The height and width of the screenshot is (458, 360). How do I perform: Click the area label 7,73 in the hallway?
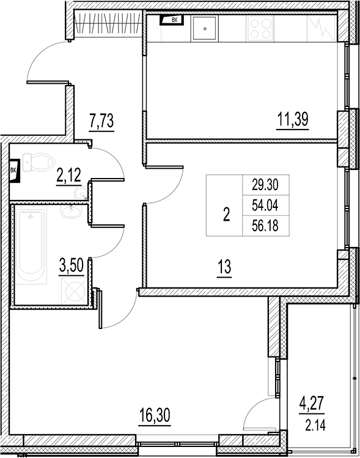[x=101, y=121]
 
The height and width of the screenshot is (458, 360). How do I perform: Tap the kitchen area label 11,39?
[x=293, y=119]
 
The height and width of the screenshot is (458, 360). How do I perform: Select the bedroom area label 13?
[x=224, y=267]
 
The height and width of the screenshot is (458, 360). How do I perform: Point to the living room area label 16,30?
[x=155, y=415]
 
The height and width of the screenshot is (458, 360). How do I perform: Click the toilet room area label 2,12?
[x=68, y=175]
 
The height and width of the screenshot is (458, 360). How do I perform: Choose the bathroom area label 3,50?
[x=72, y=266]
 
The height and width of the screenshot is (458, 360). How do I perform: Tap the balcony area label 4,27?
[x=312, y=404]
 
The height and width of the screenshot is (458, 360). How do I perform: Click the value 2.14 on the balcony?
[x=315, y=425]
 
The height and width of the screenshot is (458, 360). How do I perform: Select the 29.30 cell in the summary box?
[x=265, y=185]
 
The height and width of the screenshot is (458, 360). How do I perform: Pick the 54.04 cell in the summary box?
[x=265, y=205]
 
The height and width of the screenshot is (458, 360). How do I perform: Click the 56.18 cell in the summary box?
[x=265, y=226]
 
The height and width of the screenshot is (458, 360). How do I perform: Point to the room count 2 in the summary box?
[x=226, y=215]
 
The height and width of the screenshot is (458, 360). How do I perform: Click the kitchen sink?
[x=205, y=28]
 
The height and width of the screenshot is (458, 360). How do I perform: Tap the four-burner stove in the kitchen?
[x=260, y=28]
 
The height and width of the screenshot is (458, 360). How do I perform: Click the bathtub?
[x=30, y=245]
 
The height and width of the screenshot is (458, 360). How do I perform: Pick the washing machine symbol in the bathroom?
[x=74, y=291]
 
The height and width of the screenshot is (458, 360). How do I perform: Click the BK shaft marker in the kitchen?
[x=172, y=20]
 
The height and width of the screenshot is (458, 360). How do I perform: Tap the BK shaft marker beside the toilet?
[x=15, y=171]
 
